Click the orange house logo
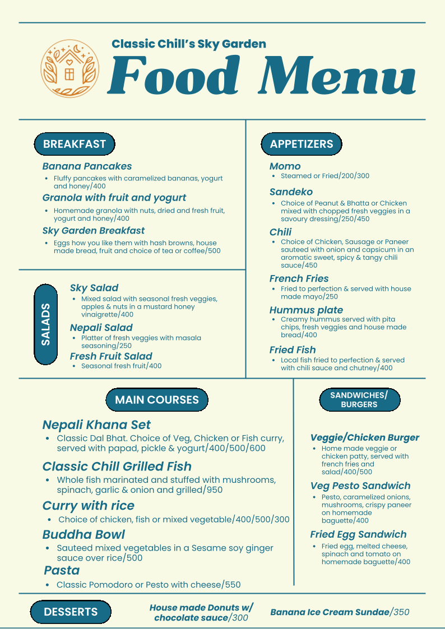click(x=69, y=68)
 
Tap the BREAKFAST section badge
click(x=75, y=144)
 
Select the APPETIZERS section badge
click(x=302, y=144)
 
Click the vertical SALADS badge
click(x=46, y=324)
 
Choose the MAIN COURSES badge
click(x=157, y=400)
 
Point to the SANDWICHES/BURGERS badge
click(x=359, y=400)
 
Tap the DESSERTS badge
click(x=71, y=612)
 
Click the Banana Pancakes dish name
click(x=87, y=166)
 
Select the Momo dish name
click(x=285, y=166)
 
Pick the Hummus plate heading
click(x=306, y=310)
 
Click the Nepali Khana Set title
click(x=96, y=425)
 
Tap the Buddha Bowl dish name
click(x=84, y=534)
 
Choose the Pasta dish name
click(x=62, y=570)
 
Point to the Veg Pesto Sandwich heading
click(x=360, y=486)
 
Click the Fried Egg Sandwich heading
click(x=358, y=534)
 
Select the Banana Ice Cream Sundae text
click(x=340, y=612)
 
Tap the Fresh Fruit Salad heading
click(x=111, y=356)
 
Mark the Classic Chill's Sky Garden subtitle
click(x=189, y=44)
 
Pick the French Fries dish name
click(x=299, y=279)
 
